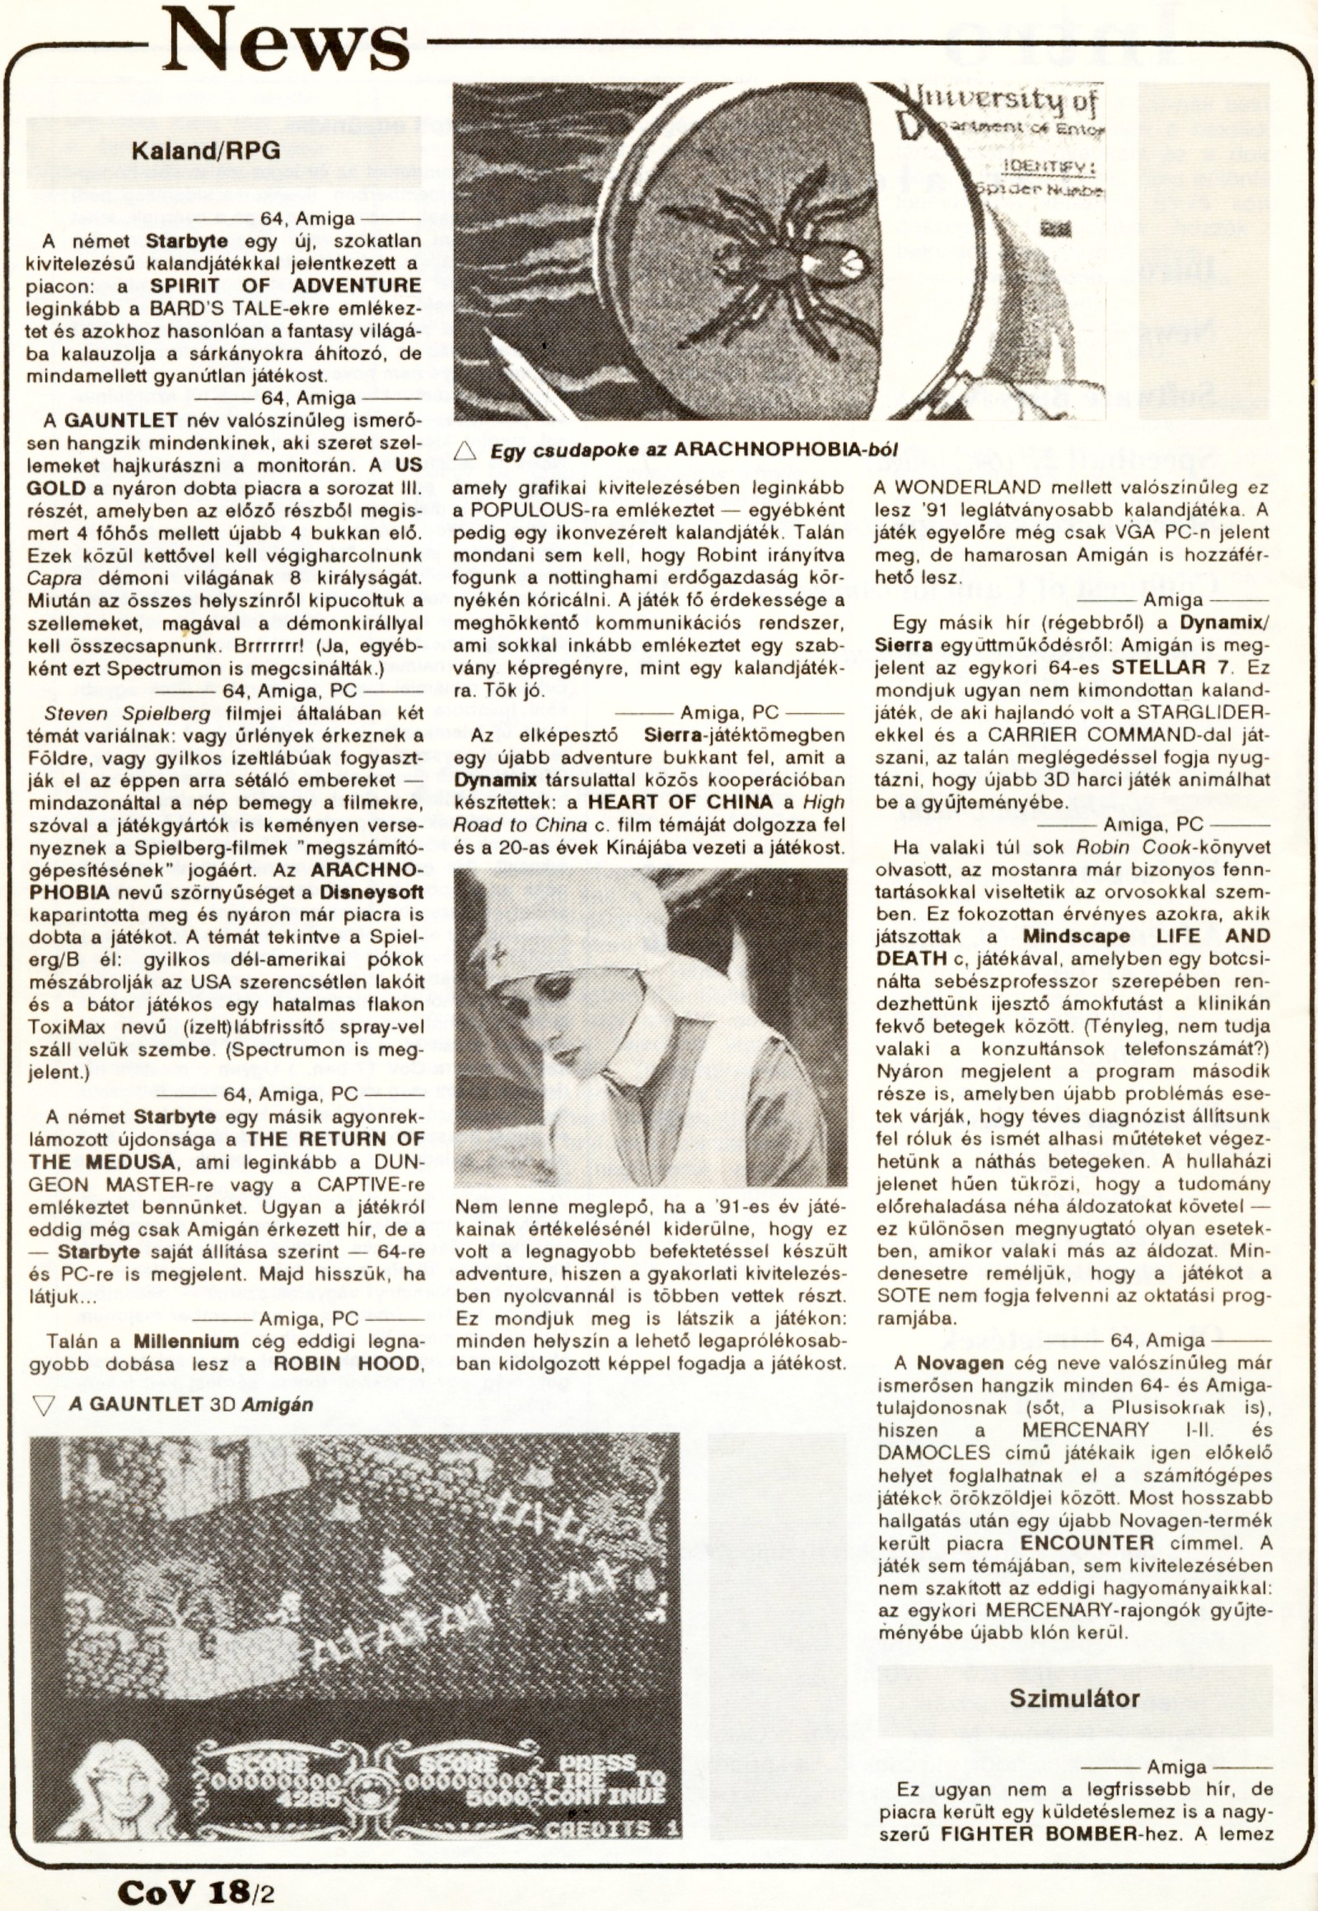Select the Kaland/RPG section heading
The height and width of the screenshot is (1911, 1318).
click(x=208, y=151)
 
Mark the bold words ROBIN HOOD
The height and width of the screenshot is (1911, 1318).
click(x=345, y=1363)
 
